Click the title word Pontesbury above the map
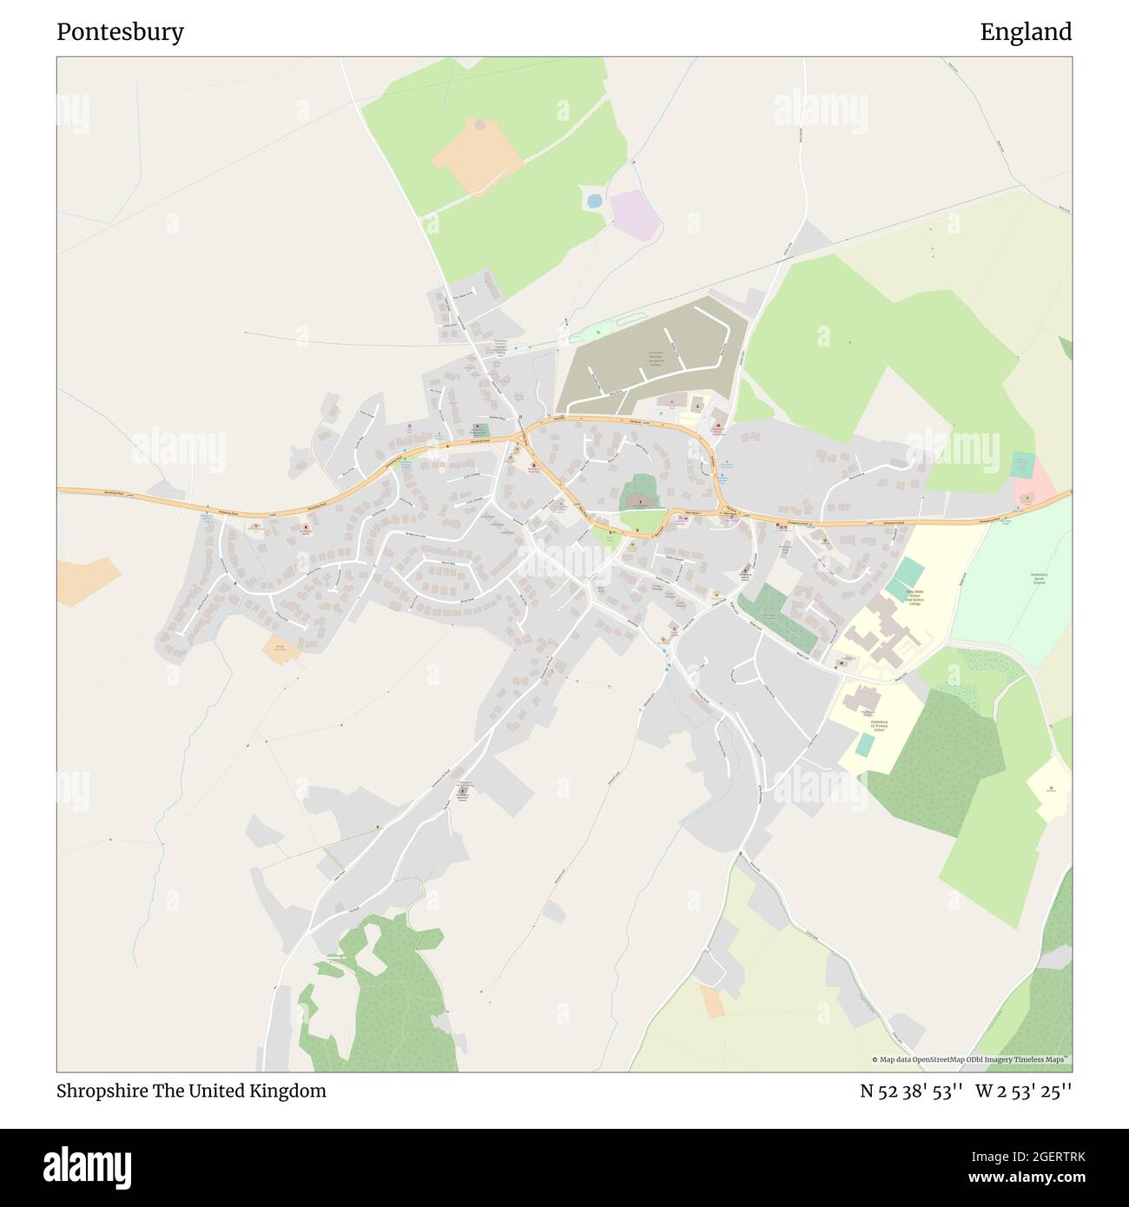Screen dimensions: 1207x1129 point(120,32)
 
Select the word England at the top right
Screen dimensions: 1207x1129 point(1026,32)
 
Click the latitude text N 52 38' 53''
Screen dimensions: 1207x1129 point(911,1091)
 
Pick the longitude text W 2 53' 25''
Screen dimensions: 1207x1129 point(1023,1091)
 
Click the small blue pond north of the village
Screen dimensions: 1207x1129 point(594,201)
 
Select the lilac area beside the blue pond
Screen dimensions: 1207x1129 point(633,214)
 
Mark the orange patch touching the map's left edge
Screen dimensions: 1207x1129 point(85,580)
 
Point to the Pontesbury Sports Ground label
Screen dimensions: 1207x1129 point(1039,578)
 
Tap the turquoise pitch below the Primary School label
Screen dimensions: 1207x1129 point(865,744)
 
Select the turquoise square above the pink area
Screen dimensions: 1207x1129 point(1024,463)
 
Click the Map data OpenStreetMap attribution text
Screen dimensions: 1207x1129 point(971,1059)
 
